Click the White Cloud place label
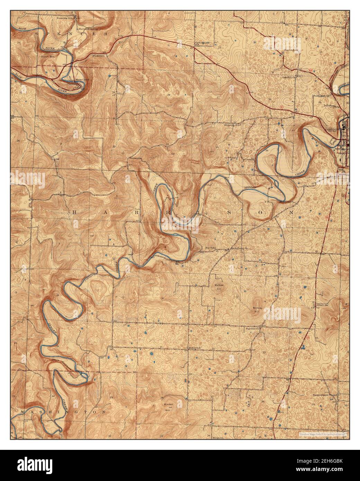point(83,79)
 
